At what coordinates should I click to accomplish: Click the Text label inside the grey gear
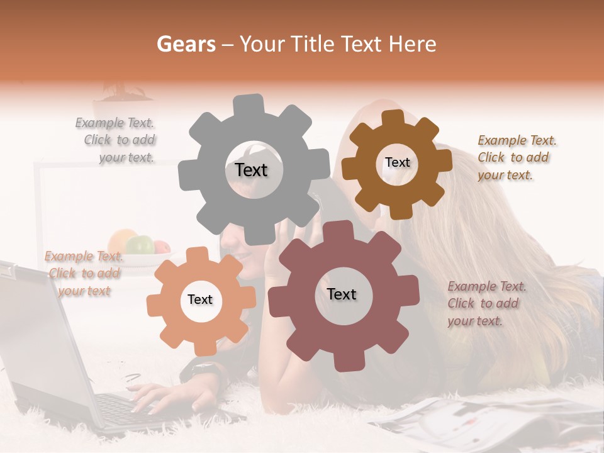(251, 170)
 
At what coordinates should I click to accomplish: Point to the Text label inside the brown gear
(397, 162)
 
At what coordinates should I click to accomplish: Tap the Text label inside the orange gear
(200, 299)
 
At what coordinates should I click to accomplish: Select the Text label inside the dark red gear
(342, 294)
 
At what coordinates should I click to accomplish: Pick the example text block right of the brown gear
(516, 157)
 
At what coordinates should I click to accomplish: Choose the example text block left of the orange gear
(84, 273)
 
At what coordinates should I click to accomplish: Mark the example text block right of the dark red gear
(486, 303)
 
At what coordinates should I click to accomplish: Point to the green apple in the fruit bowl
(140, 243)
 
